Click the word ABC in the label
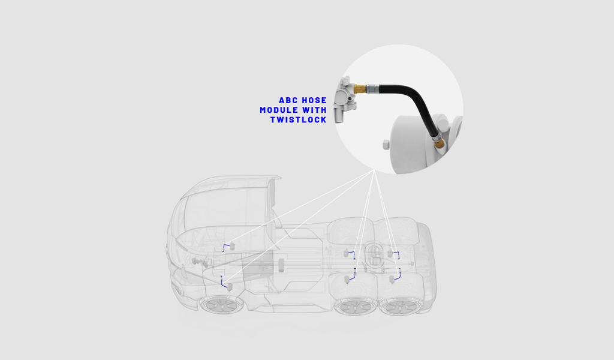[x=289, y=100]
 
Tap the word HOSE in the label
[x=314, y=100]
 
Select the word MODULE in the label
[x=278, y=110]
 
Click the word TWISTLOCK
[x=299, y=120]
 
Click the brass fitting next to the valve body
[x=360, y=89]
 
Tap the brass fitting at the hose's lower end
[x=438, y=143]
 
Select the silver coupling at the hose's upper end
[x=372, y=89]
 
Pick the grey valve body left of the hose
[x=345, y=100]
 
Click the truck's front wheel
[x=222, y=304]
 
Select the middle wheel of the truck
[x=354, y=306]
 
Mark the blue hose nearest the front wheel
[x=223, y=283]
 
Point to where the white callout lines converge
[x=374, y=170]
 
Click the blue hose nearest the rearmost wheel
[x=398, y=275]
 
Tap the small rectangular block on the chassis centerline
[x=281, y=265]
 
